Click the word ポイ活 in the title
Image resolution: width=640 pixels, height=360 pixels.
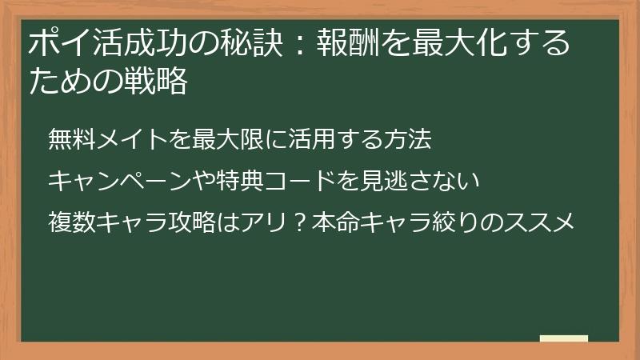[69, 43]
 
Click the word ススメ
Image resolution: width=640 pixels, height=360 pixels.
[544, 222]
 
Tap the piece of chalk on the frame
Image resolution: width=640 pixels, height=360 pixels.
[563, 338]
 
